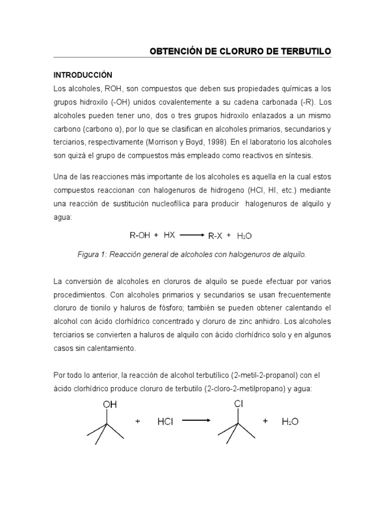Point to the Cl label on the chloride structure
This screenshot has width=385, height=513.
239,403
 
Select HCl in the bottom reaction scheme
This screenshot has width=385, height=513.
166,422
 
